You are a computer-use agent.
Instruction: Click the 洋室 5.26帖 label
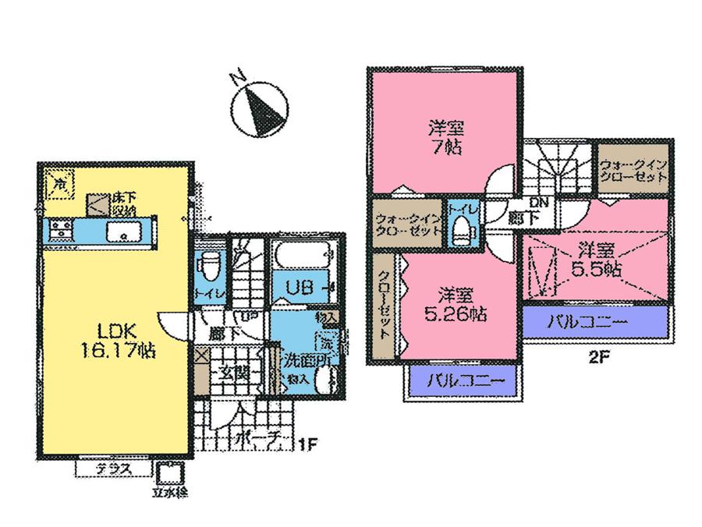click(457, 305)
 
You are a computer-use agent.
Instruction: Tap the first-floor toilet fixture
click(209, 269)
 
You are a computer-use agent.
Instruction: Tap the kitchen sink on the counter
click(122, 231)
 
